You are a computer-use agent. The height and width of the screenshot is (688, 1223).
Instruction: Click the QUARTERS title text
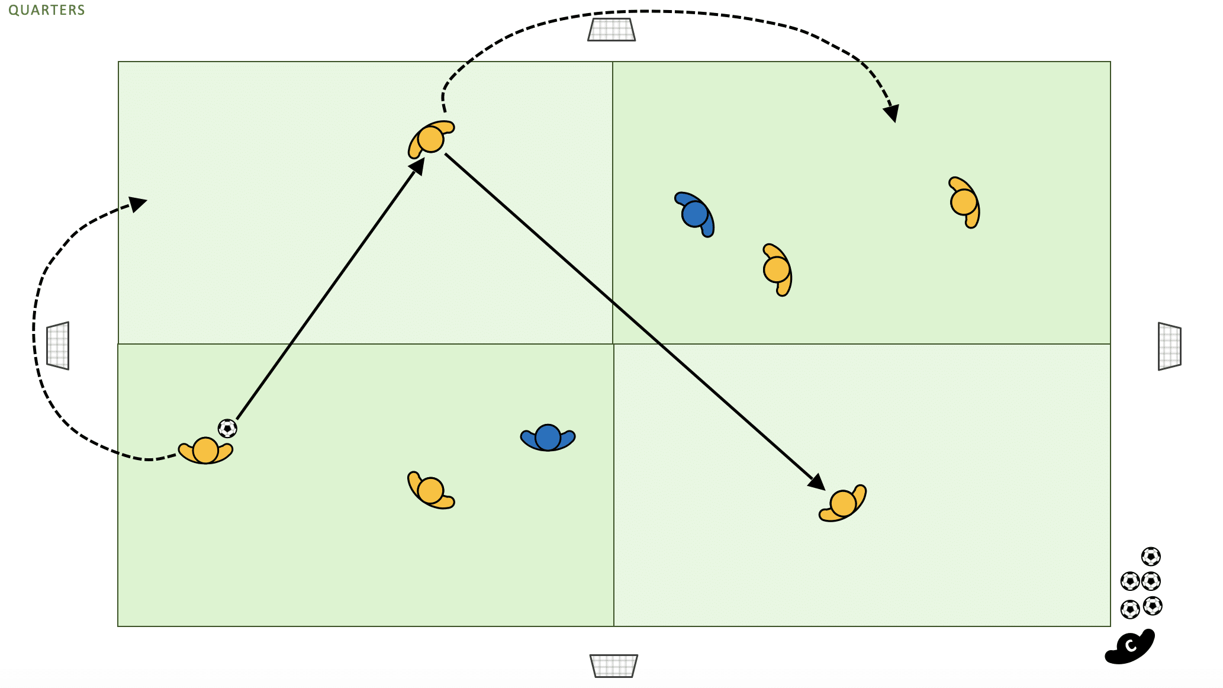pyautogui.click(x=47, y=10)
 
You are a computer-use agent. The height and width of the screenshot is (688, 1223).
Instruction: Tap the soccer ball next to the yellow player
pyautogui.click(x=227, y=428)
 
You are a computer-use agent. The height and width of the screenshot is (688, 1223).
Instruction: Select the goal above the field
pyautogui.click(x=611, y=30)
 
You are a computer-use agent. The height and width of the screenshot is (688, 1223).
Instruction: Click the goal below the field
pyautogui.click(x=614, y=666)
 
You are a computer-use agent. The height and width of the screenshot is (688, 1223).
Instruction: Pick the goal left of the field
pyautogui.click(x=58, y=346)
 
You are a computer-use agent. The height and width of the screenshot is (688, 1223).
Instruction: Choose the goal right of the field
pyautogui.click(x=1169, y=346)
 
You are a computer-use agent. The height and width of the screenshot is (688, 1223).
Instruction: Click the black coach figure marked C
pyautogui.click(x=1130, y=647)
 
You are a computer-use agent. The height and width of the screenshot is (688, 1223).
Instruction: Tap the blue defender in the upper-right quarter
pyautogui.click(x=695, y=214)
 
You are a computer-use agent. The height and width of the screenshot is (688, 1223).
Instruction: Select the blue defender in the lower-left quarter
pyautogui.click(x=548, y=438)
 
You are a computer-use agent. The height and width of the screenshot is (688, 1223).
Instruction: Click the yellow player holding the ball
pyautogui.click(x=205, y=451)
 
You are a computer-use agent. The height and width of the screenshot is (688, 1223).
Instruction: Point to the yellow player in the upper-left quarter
pyautogui.click(x=430, y=139)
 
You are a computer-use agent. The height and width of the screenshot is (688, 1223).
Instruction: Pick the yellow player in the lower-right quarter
pyautogui.click(x=843, y=504)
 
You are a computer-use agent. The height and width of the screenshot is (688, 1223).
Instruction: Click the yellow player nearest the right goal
pyautogui.click(x=964, y=202)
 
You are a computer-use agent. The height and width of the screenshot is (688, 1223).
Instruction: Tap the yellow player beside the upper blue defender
pyautogui.click(x=777, y=269)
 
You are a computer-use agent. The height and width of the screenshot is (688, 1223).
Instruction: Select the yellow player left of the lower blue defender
pyautogui.click(x=430, y=490)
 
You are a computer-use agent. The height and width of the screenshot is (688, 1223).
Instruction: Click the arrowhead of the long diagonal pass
pyautogui.click(x=818, y=483)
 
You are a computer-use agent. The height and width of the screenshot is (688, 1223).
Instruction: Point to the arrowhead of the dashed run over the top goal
pyautogui.click(x=892, y=113)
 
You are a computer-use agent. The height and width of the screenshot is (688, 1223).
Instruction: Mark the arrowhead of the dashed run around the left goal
pyautogui.click(x=139, y=203)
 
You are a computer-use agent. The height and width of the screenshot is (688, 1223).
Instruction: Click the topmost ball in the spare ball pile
pyautogui.click(x=1151, y=557)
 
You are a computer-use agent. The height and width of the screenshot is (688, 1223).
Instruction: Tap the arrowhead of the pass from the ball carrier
pyautogui.click(x=418, y=165)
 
